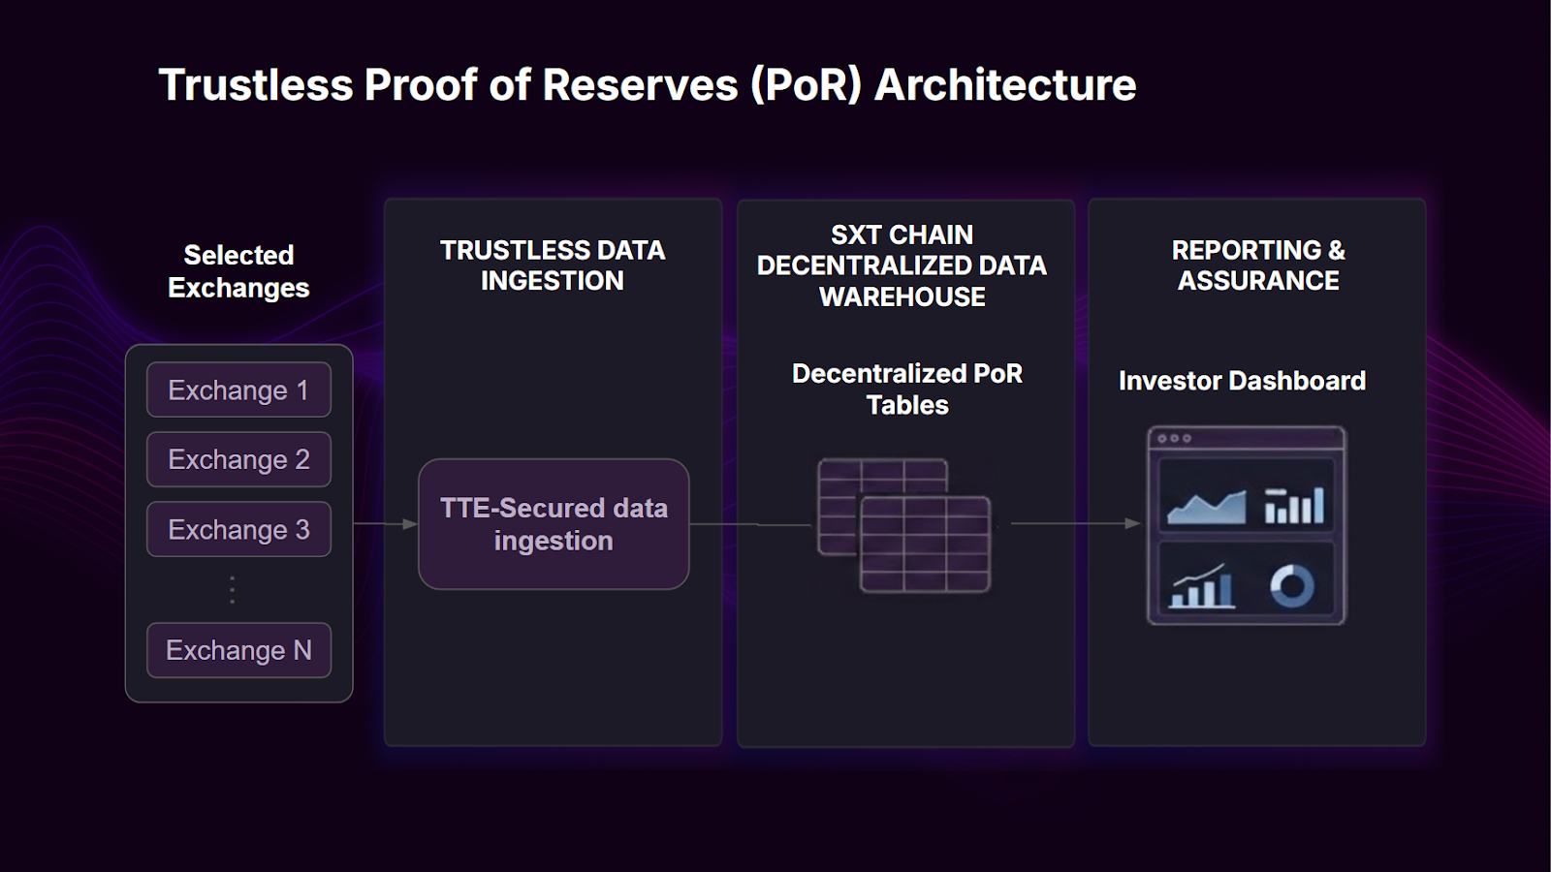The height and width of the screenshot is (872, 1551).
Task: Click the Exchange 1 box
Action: point(238,389)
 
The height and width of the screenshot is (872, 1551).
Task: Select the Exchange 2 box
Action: point(238,459)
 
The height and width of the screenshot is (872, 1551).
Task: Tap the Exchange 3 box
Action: point(238,529)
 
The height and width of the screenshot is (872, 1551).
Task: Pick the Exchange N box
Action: point(238,650)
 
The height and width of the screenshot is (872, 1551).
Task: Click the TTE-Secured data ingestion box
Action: point(554,524)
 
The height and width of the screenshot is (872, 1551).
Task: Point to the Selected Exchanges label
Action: point(238,271)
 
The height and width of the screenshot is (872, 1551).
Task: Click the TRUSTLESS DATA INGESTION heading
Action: point(553,265)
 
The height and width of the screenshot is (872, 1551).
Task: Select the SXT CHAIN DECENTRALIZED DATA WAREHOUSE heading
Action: point(902,265)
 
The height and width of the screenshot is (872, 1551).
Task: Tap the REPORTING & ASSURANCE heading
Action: point(1258,265)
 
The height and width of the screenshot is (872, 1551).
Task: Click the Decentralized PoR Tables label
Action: point(907,389)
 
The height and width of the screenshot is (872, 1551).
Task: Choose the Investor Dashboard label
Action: point(1242,381)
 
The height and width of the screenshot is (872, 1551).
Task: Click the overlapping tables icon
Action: point(904,525)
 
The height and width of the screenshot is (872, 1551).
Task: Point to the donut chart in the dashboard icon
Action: point(1292,586)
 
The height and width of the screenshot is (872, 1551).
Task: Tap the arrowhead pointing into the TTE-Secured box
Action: point(410,524)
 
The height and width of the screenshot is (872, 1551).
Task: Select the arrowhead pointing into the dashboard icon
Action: point(1132,523)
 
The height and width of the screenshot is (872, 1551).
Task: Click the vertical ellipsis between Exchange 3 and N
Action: point(232,589)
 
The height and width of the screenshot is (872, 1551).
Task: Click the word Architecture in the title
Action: point(1005,85)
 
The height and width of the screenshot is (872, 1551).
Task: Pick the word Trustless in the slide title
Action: point(256,85)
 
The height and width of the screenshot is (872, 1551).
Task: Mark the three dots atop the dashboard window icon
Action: point(1174,439)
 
